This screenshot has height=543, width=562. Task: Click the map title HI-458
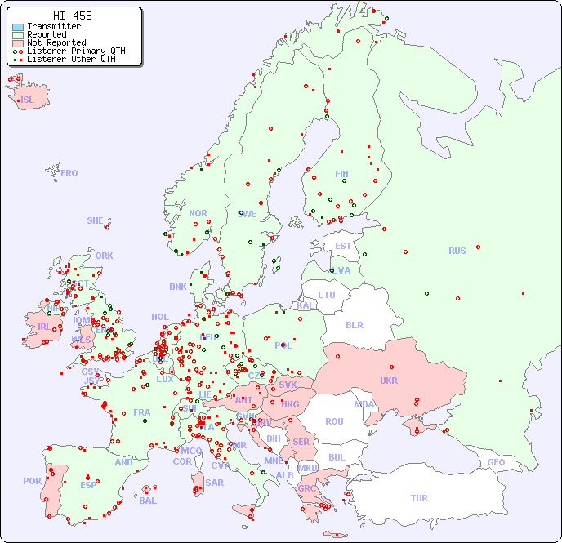tap(72, 16)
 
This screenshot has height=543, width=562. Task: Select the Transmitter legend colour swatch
tap(18, 27)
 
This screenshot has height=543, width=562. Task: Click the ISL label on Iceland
tap(28, 100)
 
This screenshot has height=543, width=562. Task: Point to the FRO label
tap(69, 173)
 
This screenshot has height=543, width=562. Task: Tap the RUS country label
tap(457, 251)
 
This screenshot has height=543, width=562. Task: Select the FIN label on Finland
tap(341, 174)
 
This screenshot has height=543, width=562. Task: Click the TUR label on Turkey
tap(419, 498)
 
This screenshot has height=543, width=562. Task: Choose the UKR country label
tap(389, 381)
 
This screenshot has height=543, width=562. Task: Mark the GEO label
tap(496, 462)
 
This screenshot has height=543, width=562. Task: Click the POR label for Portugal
tap(32, 481)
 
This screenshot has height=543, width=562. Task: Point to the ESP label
tap(88, 485)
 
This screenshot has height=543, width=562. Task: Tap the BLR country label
tap(355, 324)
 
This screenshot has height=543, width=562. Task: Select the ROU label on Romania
tap(334, 421)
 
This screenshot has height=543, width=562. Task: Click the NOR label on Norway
tap(198, 213)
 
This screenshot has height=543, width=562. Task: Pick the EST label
tap(343, 246)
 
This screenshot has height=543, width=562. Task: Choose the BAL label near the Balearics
tap(148, 501)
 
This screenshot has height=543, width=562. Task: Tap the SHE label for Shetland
tap(96, 220)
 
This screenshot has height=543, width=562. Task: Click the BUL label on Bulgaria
tap(337, 457)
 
